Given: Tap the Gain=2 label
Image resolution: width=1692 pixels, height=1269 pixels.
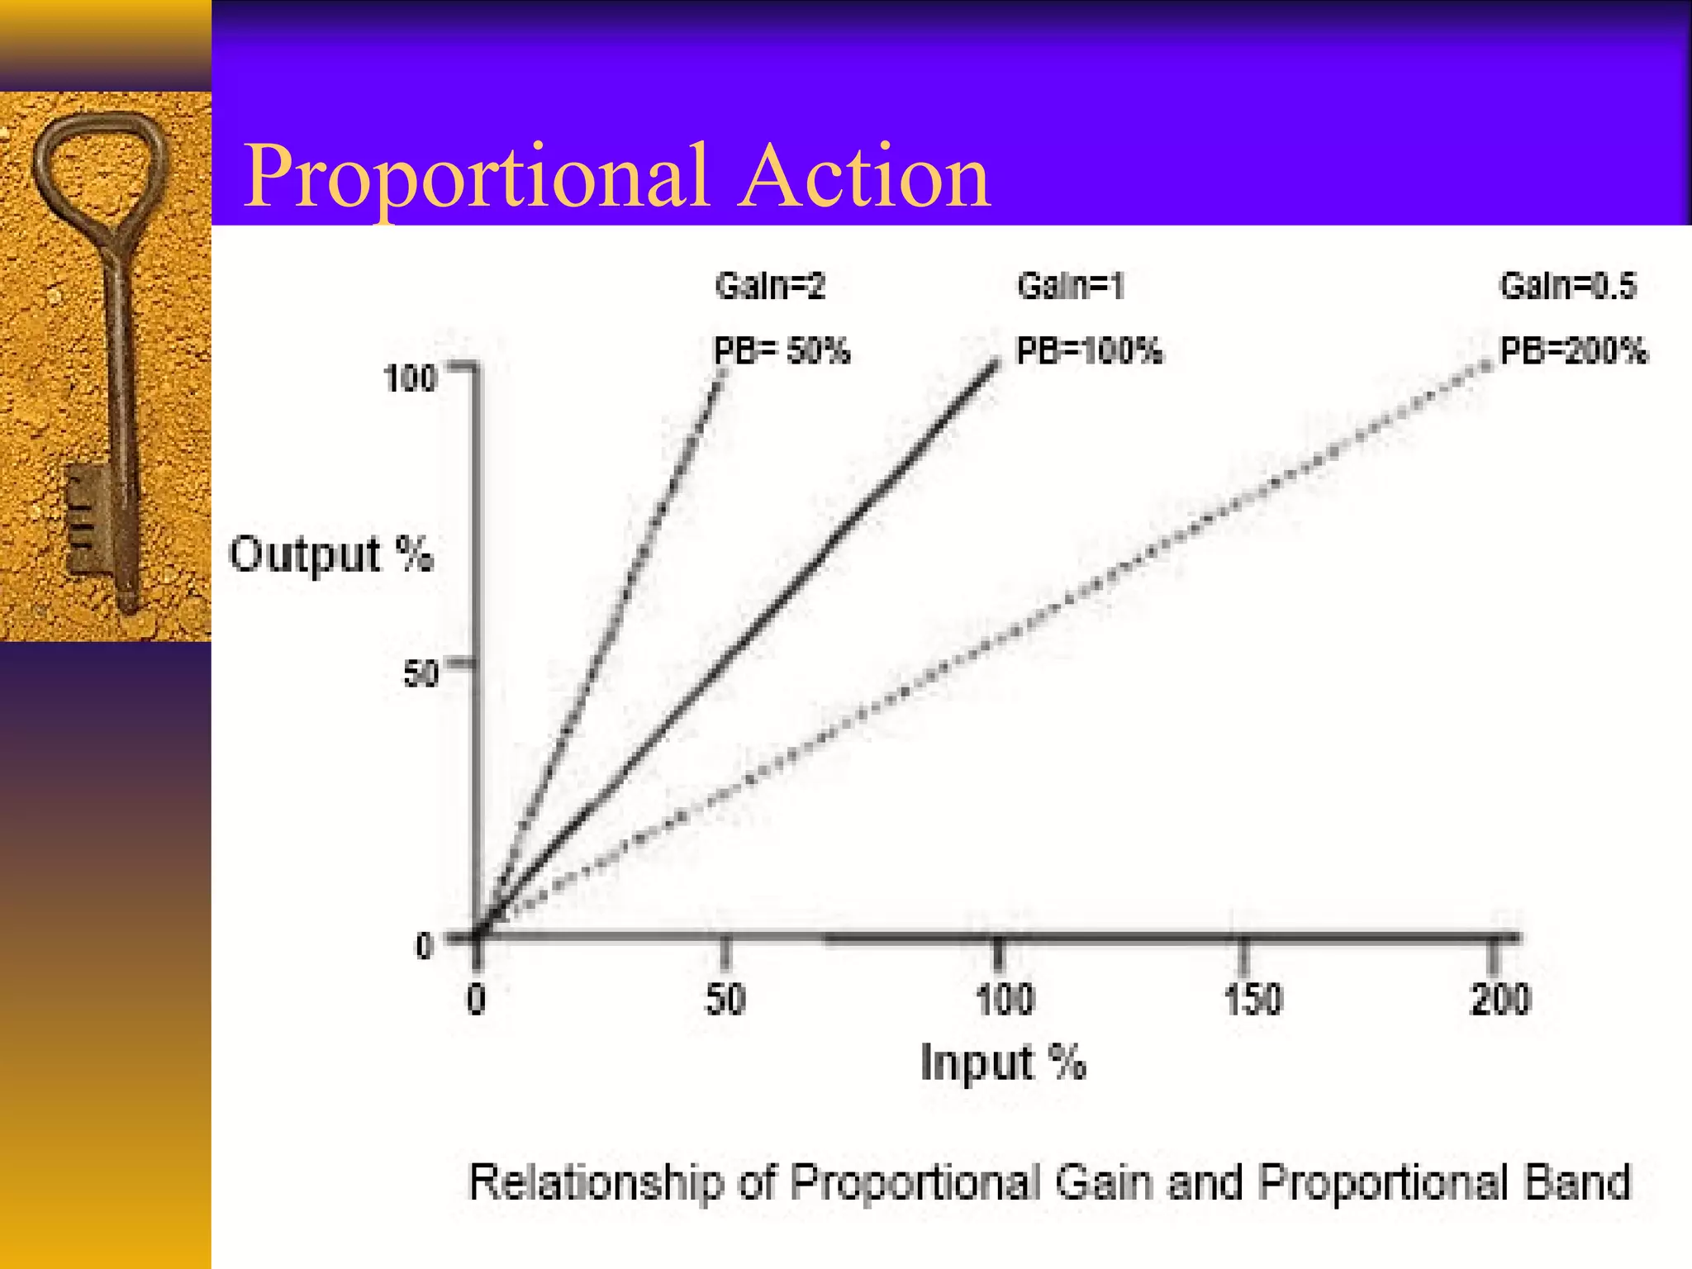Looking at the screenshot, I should tap(770, 286).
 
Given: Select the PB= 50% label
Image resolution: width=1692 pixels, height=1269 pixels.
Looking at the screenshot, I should tap(782, 351).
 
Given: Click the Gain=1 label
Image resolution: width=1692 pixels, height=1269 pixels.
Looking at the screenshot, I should tap(1071, 286).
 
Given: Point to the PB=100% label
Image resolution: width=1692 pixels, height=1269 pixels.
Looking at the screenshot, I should tap(1089, 351).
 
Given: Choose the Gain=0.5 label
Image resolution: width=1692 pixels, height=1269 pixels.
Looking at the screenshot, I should tap(1567, 286).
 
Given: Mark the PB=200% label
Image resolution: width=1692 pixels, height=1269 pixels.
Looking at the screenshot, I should tap(1573, 351).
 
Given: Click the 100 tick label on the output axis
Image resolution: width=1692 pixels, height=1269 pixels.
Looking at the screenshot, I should tap(410, 379).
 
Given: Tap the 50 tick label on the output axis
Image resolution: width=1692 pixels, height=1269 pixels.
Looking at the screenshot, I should tap(420, 674).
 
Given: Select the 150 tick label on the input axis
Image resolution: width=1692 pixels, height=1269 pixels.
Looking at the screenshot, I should tap(1252, 999).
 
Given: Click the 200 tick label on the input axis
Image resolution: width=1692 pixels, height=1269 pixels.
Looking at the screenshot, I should tap(1500, 999).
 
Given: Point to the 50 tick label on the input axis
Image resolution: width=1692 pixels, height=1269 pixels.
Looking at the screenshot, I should tap(725, 999).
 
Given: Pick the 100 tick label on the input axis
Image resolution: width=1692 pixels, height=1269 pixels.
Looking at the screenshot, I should tap(1005, 999).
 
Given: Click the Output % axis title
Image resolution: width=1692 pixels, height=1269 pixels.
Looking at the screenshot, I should tap(330, 554).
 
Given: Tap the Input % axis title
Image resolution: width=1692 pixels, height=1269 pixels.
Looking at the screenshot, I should tap(1003, 1062).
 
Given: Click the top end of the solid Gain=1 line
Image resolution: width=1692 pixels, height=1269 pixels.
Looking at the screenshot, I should tap(995, 364).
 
